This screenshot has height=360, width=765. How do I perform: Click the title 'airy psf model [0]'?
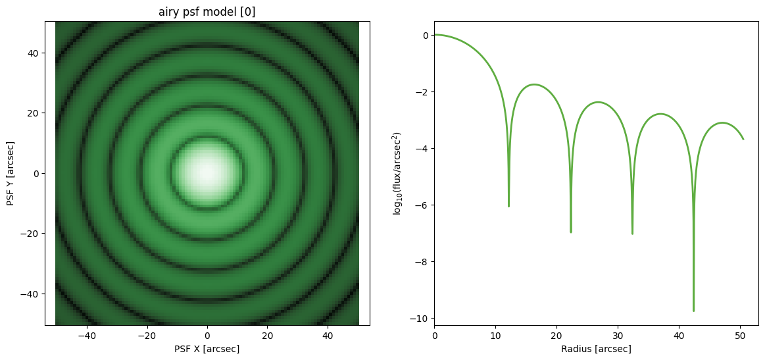[207, 13]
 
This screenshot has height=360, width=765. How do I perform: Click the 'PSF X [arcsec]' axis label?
[207, 349]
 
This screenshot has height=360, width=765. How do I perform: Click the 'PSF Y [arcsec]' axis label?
[11, 173]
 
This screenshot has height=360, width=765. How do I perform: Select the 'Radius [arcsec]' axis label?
[596, 349]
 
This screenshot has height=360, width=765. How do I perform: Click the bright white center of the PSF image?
[207, 172]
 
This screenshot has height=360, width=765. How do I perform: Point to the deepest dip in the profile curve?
[693, 311]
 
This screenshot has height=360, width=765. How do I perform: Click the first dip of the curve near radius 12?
[508, 205]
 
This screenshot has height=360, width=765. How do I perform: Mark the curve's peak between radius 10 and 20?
[535, 84]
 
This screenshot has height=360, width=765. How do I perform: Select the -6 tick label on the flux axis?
[422, 205]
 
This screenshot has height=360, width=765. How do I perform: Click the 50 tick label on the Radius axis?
[740, 336]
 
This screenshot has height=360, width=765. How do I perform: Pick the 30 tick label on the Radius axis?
[618, 336]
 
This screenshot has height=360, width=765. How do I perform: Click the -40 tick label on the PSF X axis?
[87, 336]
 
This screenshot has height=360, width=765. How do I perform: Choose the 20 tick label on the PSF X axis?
[267, 336]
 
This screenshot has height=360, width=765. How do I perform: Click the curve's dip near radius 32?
[632, 233]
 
